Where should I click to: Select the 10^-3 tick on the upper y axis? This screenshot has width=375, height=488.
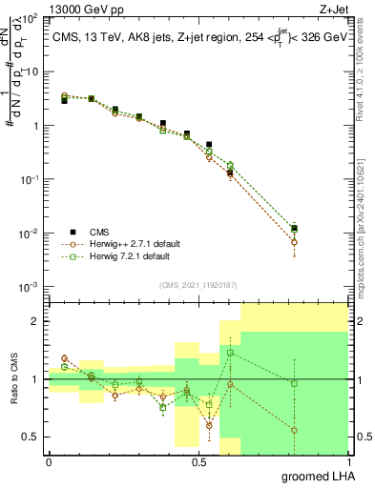click(x=28, y=287)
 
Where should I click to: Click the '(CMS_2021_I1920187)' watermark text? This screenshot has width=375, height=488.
click(x=198, y=284)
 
